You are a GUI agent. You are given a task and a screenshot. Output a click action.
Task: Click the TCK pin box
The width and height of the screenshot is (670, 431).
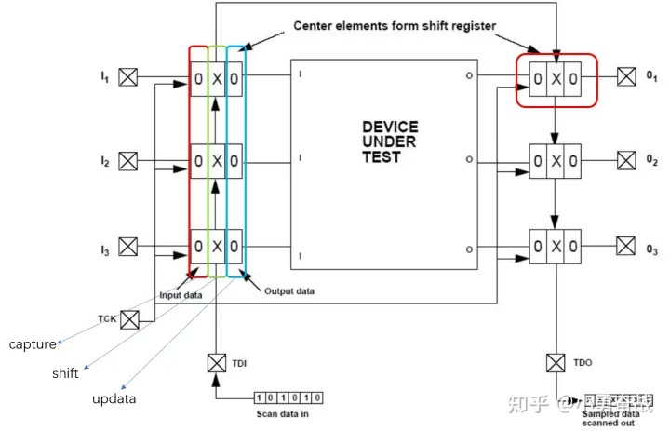tap(129, 319)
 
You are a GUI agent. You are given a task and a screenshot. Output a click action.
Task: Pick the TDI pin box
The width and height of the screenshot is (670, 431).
tap(217, 361)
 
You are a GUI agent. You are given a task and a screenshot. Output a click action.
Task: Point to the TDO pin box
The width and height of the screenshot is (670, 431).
tap(556, 361)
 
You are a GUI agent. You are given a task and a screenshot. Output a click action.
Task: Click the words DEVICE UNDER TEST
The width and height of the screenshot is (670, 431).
tap(389, 141)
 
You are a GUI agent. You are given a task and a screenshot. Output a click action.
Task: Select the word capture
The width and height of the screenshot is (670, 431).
tap(33, 344)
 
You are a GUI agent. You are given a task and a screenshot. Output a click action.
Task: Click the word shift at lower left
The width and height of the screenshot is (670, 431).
tap(64, 373)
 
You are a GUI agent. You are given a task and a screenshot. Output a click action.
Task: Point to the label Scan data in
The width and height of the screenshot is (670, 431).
tap(288, 411)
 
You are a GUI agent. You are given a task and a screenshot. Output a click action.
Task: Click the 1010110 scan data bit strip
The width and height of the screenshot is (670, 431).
tap(288, 397)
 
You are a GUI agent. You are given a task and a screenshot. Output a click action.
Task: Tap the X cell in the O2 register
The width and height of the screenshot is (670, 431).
tap(556, 162)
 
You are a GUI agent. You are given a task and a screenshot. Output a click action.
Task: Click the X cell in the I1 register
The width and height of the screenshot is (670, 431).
tap(217, 79)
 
